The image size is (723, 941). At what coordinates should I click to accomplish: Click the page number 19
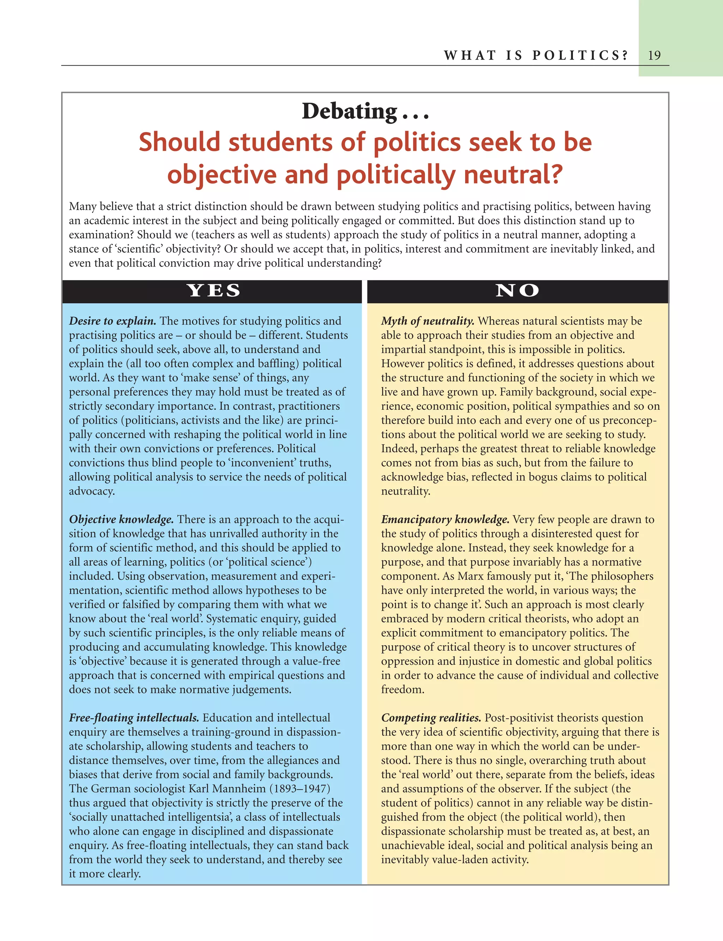654,55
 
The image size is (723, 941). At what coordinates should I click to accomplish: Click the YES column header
214,291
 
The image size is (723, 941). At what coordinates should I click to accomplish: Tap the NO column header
517,291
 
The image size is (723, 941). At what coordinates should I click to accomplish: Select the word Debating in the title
349,112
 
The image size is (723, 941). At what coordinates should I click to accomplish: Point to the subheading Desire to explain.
112,321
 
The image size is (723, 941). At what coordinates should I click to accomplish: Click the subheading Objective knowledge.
121,519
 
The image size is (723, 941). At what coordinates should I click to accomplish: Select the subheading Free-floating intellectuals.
134,717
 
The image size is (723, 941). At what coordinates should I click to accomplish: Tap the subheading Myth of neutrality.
428,321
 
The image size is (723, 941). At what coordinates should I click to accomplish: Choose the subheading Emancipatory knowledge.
445,519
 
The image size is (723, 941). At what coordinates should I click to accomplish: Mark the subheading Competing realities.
431,717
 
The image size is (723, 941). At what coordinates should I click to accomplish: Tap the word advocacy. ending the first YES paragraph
92,491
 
